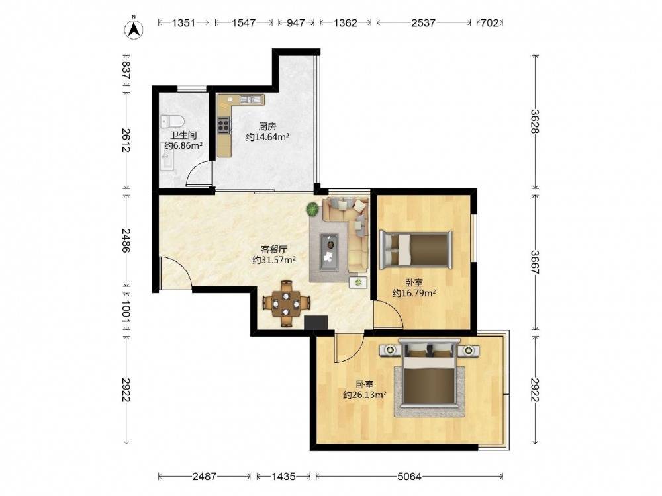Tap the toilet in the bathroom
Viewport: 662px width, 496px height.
(x=172, y=122)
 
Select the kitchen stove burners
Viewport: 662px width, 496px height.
(x=224, y=125)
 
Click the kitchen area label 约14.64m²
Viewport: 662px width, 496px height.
(x=267, y=137)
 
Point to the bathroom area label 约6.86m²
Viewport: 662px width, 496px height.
(x=183, y=146)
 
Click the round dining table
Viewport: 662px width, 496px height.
(x=286, y=304)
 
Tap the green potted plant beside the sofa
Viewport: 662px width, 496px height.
(x=313, y=209)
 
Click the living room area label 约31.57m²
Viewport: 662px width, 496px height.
(x=273, y=260)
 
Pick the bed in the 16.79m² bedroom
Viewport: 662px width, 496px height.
(x=416, y=249)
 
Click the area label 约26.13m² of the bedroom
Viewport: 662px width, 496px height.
(x=365, y=395)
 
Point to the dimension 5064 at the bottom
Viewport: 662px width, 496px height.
(x=409, y=477)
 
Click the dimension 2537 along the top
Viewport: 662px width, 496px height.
(x=423, y=22)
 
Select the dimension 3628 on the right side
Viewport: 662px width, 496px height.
(x=536, y=122)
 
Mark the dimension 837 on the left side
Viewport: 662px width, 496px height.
(x=125, y=70)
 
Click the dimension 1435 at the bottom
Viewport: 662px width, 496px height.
(x=283, y=477)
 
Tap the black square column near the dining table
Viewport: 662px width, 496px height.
(x=316, y=323)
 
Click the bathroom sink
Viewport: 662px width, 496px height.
(x=166, y=156)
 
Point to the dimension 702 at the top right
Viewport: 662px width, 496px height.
(x=490, y=22)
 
